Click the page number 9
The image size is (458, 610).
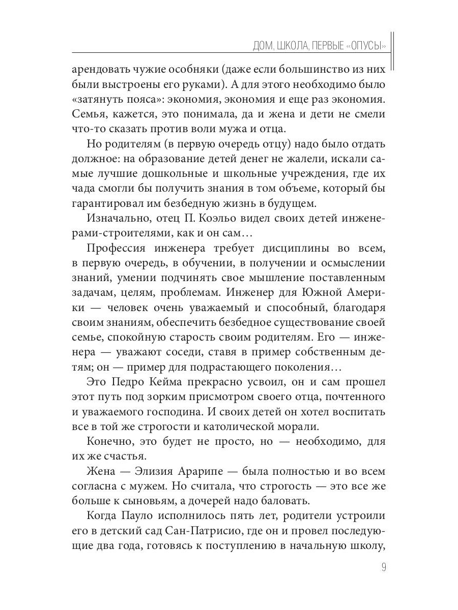click(383, 567)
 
